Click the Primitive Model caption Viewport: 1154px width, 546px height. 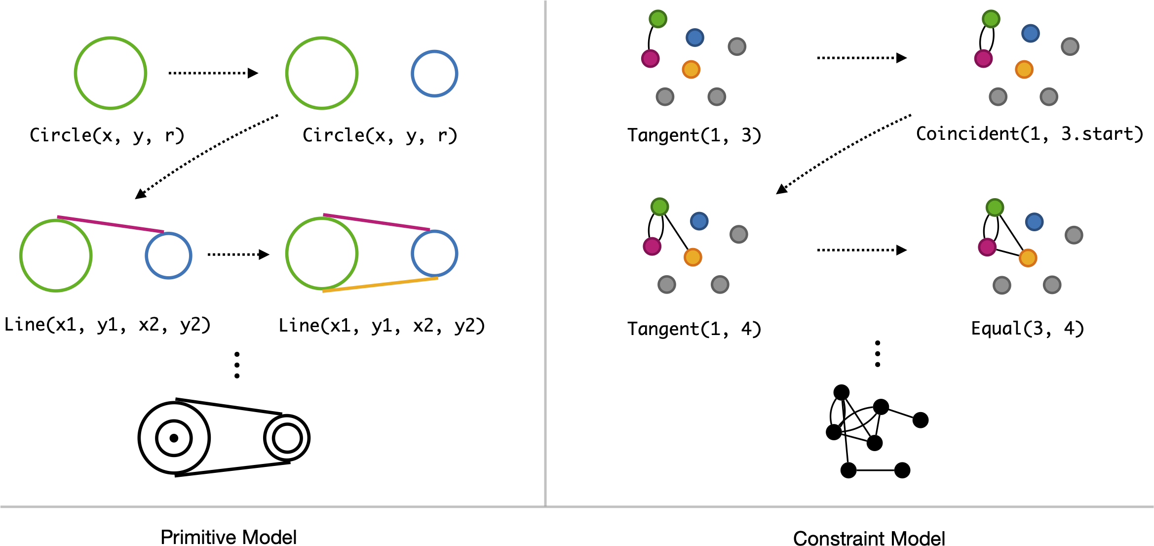point(229,537)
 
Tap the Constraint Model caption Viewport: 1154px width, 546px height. point(869,538)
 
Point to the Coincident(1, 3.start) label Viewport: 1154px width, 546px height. point(1030,134)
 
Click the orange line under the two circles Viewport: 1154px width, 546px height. point(380,285)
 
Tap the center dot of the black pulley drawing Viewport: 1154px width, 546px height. point(174,438)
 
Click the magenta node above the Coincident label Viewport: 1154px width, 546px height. point(983,58)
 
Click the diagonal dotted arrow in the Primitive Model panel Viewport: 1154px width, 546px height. point(206,157)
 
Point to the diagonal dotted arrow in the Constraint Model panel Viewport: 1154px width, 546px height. point(844,154)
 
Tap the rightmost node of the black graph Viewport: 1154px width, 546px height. point(921,420)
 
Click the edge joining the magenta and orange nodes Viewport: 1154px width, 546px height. point(1007,252)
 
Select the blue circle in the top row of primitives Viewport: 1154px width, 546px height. point(434,74)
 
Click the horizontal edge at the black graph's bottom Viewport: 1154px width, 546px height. point(875,470)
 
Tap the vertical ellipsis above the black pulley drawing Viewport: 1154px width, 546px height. point(237,365)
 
